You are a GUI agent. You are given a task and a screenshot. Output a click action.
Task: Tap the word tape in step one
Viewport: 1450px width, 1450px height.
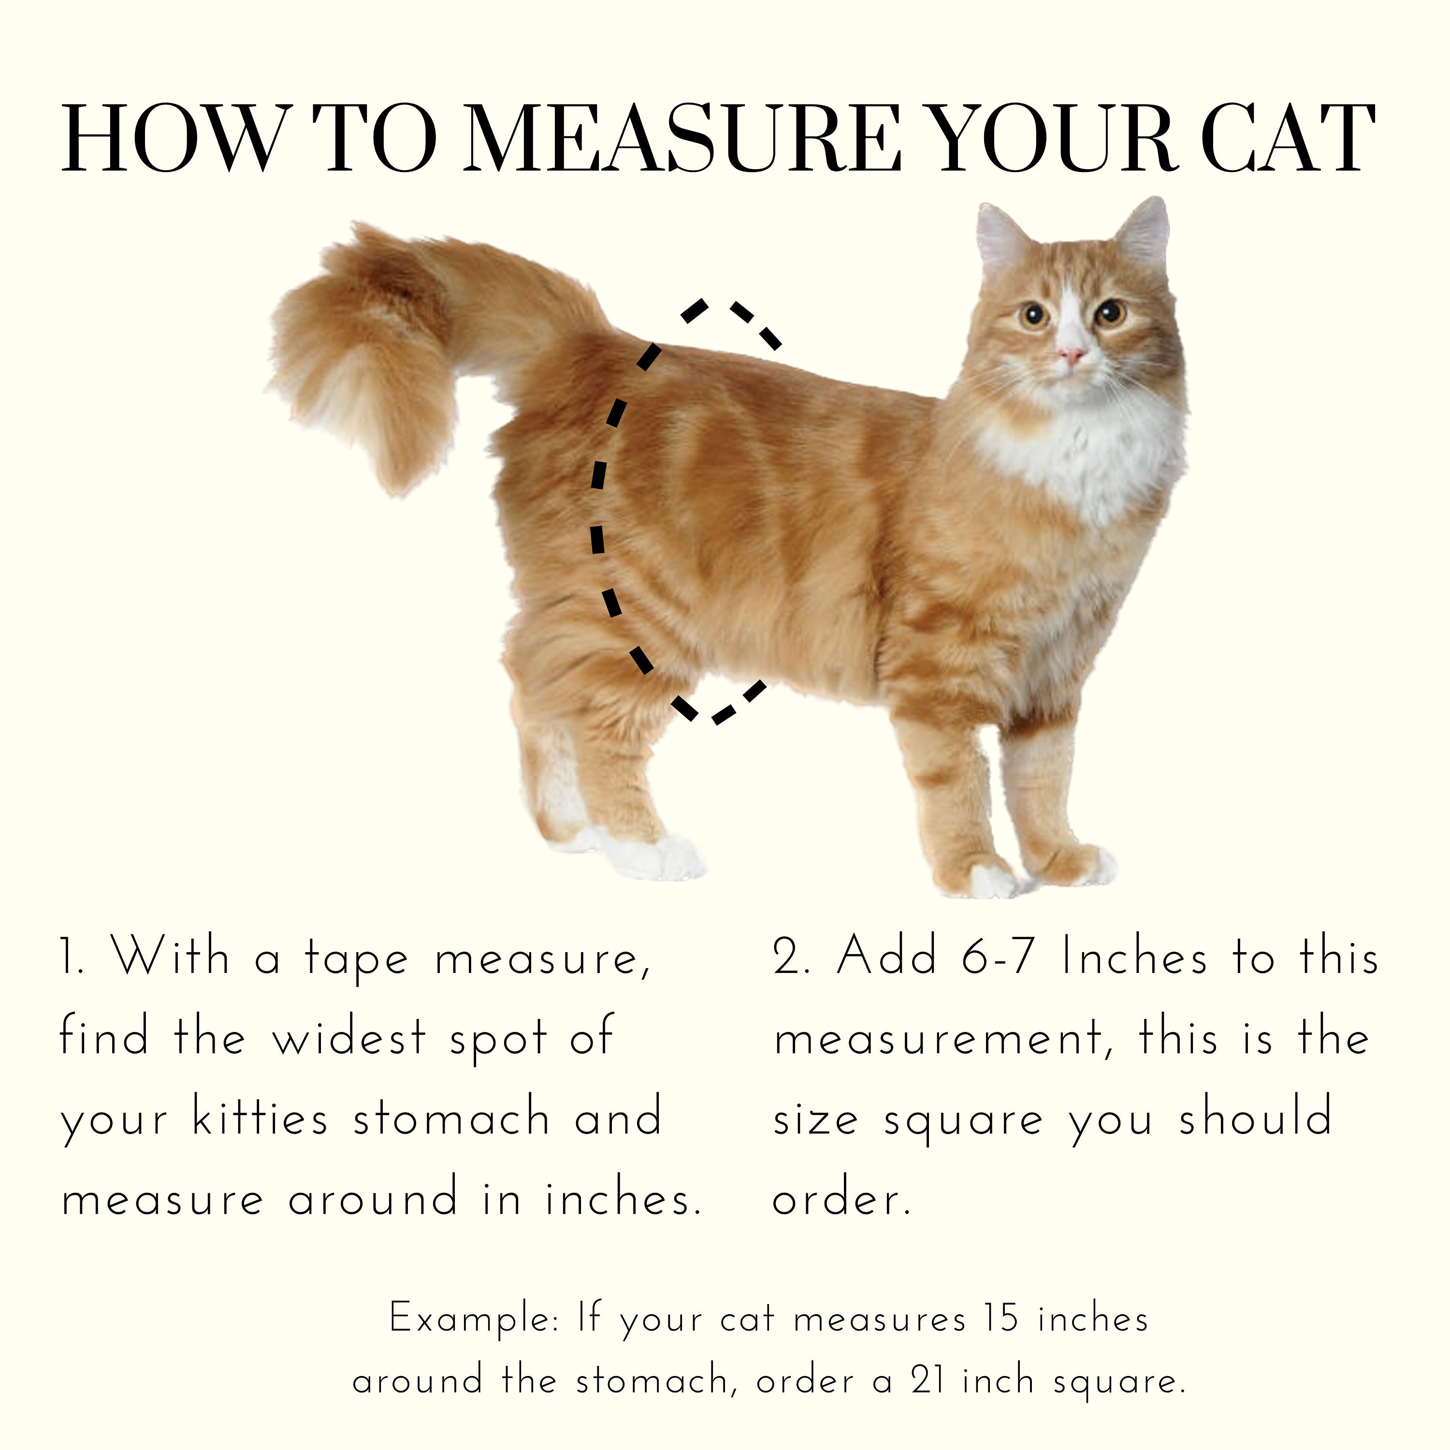pyautogui.click(x=357, y=961)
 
